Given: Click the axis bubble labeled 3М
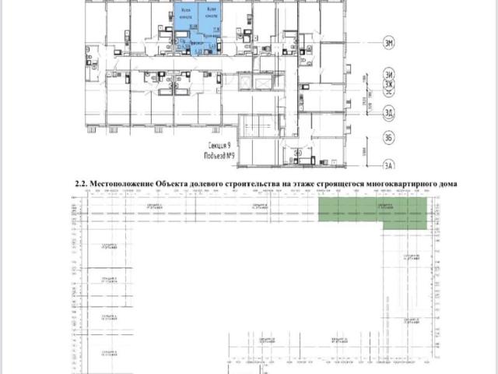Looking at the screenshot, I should [x=388, y=43].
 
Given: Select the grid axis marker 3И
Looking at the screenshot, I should [x=388, y=74].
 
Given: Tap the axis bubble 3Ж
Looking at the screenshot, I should [x=388, y=83].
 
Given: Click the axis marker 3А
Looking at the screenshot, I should [x=388, y=165].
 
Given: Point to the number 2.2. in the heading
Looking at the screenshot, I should [x=81, y=183].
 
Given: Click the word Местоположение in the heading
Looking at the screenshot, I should [x=121, y=183].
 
